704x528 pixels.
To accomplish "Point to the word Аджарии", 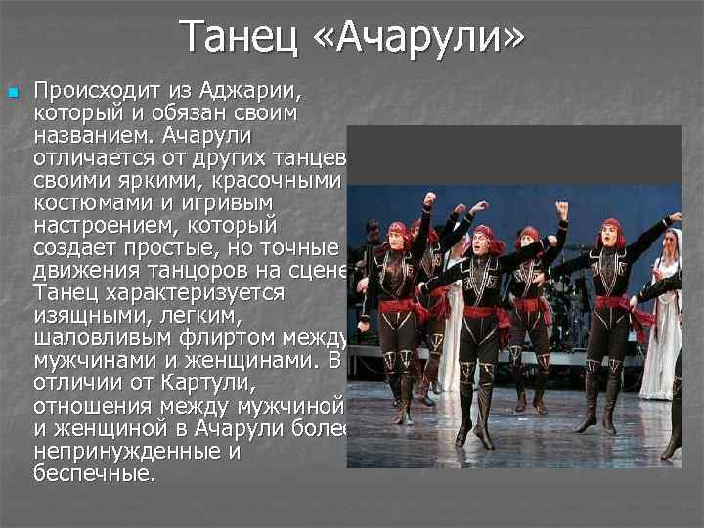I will [253, 92].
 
